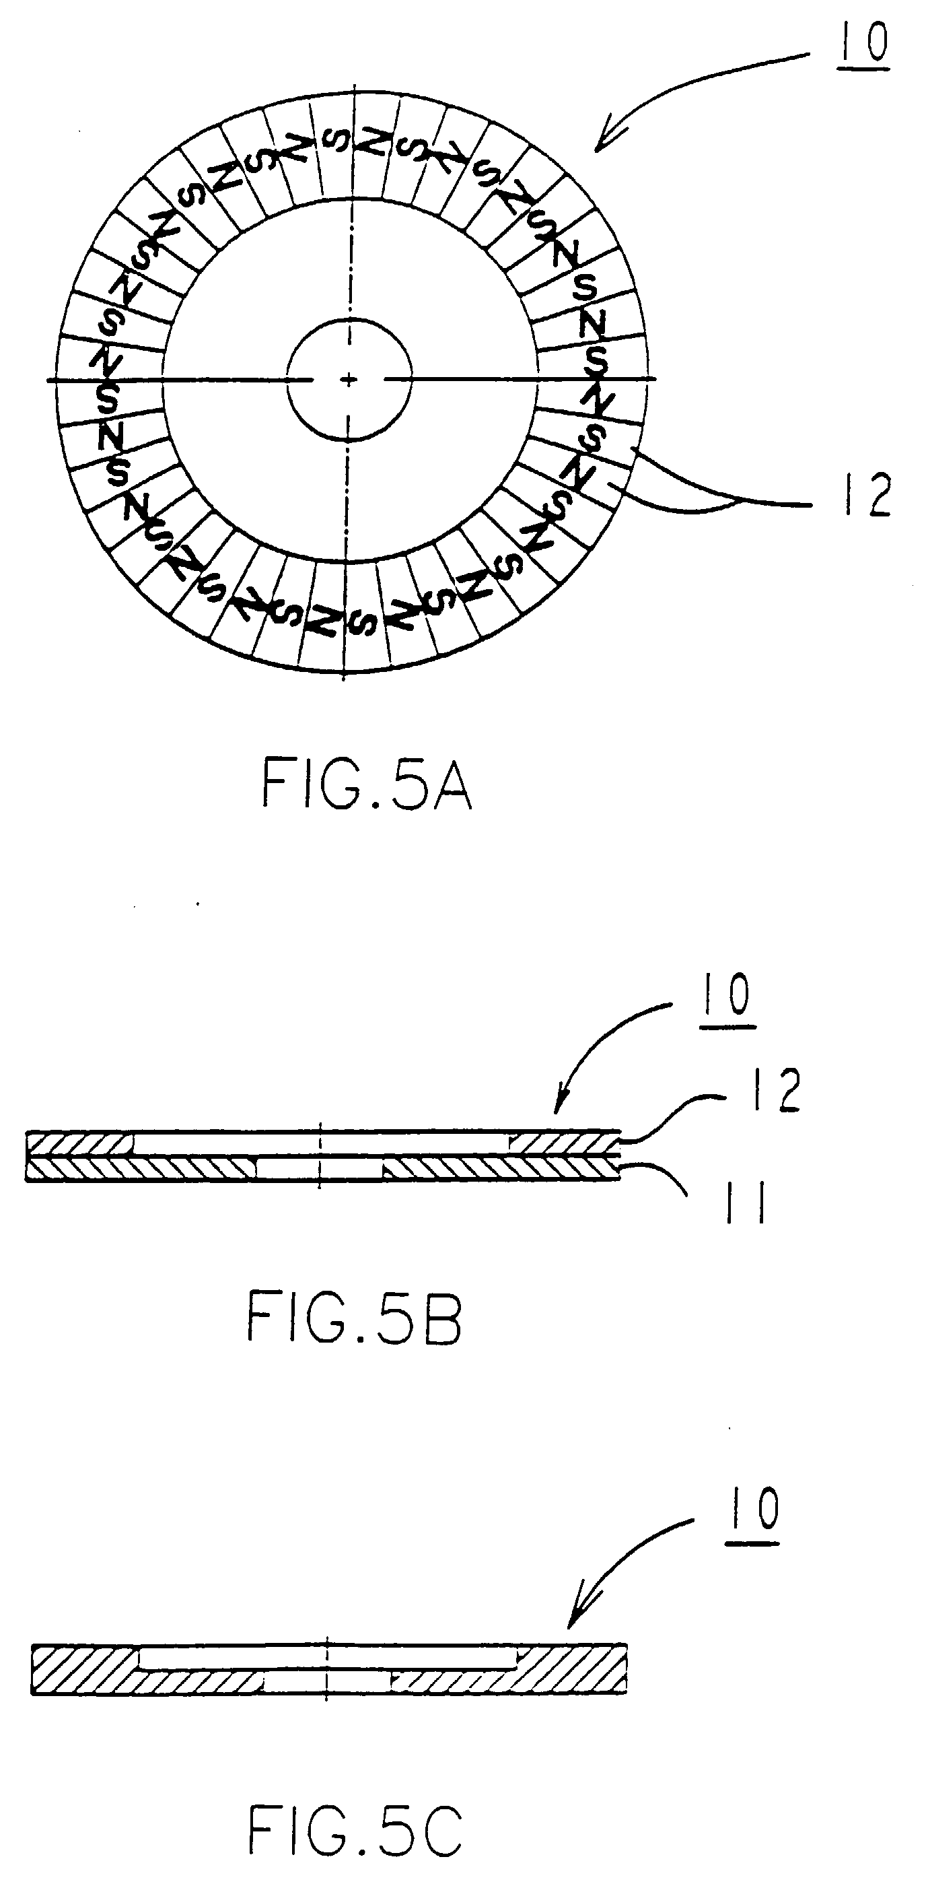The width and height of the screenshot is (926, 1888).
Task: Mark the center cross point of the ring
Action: pyautogui.click(x=349, y=379)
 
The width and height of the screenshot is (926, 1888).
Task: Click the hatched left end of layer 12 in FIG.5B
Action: pyautogui.click(x=80, y=1144)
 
